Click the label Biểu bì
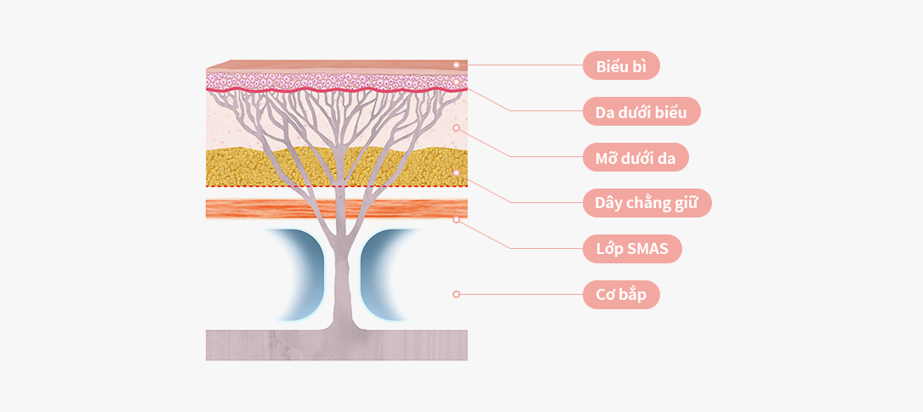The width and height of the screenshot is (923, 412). (x=621, y=65)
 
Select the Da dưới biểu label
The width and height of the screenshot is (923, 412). (x=641, y=111)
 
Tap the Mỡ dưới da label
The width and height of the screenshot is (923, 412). (x=635, y=157)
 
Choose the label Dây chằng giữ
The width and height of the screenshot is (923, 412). (x=647, y=203)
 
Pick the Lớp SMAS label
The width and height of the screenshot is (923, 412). (x=632, y=249)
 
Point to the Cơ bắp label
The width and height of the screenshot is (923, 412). (x=621, y=295)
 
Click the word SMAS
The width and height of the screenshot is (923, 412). (x=647, y=249)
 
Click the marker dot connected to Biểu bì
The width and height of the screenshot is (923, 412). (x=456, y=65)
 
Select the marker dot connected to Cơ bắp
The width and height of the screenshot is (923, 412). (x=456, y=294)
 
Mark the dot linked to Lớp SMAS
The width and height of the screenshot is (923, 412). (x=456, y=219)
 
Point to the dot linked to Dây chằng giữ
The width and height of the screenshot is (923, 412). (x=456, y=172)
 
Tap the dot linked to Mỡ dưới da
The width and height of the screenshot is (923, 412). (x=456, y=127)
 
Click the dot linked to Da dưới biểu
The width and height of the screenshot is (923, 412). (x=456, y=82)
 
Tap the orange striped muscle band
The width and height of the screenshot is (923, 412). (x=336, y=209)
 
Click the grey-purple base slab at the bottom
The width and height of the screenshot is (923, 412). (x=336, y=345)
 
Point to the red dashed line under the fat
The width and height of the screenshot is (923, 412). (x=336, y=186)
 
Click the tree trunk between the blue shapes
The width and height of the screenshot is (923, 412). (x=342, y=276)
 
